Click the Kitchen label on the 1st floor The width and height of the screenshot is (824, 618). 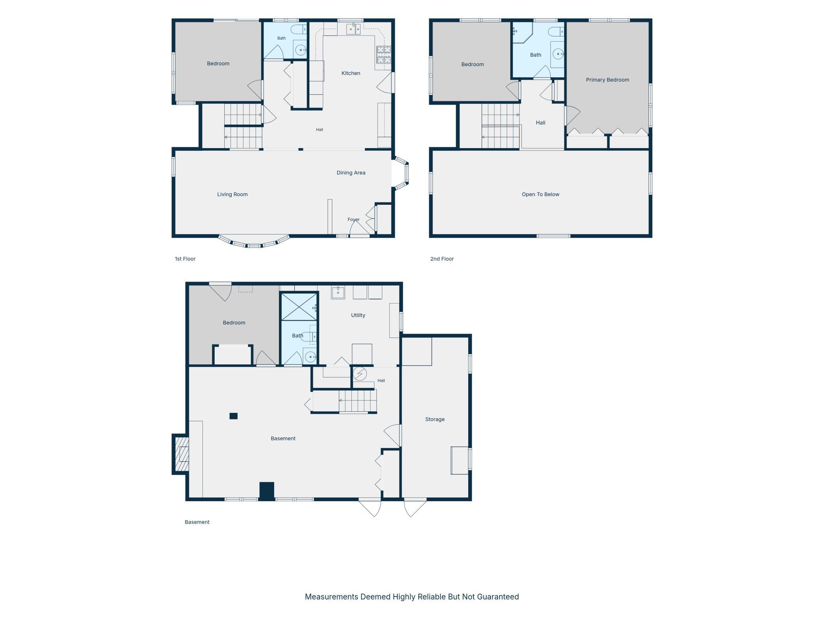pos(351,73)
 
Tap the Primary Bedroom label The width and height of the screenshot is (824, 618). pos(607,80)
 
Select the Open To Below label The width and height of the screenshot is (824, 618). pos(540,195)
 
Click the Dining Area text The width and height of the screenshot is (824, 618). pos(351,173)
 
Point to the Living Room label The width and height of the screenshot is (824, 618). pos(232,195)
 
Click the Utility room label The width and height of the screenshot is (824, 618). pos(358,315)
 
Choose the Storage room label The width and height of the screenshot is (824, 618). pos(435,420)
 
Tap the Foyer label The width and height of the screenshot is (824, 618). pos(353,219)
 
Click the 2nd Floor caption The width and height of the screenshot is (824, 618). pos(442,259)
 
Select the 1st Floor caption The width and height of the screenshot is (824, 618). pos(185,259)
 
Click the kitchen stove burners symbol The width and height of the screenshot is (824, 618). pos(383,55)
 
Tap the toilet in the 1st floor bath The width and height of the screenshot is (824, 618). pos(299,29)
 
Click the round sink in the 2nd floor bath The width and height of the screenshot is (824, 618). pos(558,54)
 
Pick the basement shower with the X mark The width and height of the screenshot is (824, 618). pos(299,307)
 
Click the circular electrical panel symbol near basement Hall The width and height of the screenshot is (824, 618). pos(360,374)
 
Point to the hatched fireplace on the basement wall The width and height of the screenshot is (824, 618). pos(181,454)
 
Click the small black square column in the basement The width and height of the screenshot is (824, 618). pos(233,416)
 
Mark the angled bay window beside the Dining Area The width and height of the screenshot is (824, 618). pos(401,173)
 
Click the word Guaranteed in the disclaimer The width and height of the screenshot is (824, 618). pos(498,597)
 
